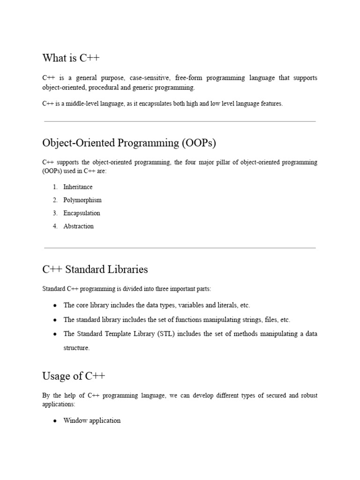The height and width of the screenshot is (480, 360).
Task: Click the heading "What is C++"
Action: pos(71,58)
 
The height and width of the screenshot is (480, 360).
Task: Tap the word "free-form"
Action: pos(196,78)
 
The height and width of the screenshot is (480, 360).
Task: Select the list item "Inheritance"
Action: pos(78,187)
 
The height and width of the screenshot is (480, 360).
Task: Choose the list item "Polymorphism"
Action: pos(82,200)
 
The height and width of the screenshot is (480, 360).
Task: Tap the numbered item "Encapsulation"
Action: pos(82,213)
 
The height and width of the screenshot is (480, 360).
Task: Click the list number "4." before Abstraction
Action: pos(55,226)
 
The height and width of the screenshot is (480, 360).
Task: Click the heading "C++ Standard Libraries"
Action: pos(95,270)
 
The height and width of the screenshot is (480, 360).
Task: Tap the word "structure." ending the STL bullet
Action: pos(76,348)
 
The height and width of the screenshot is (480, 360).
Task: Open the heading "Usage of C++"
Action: pos(74,376)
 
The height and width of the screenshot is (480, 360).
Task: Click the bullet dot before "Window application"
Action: pos(55,421)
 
